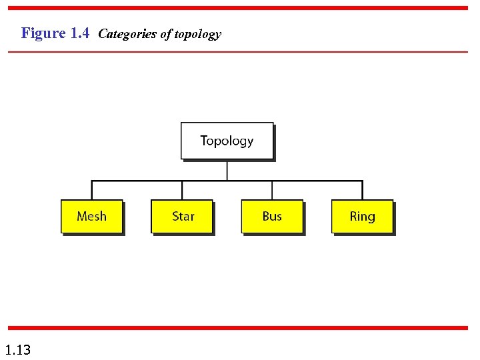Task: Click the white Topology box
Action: tap(227, 141)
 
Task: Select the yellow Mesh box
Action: tap(92, 217)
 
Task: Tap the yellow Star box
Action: tap(182, 217)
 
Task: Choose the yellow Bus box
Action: tap(272, 217)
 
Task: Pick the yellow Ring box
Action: tap(362, 217)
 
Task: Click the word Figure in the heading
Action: tap(43, 33)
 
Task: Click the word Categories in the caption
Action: tap(127, 34)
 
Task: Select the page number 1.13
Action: tap(17, 349)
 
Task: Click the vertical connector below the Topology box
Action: tap(227, 170)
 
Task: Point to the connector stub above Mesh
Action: tap(92, 190)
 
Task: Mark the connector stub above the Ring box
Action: tap(362, 190)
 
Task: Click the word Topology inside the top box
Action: tap(227, 141)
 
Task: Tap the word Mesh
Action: tap(91, 216)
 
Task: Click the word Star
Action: tap(183, 216)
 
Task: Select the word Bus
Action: tap(272, 216)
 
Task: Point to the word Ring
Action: tap(362, 217)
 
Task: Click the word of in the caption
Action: tap(165, 34)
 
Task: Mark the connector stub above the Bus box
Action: tap(272, 190)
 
